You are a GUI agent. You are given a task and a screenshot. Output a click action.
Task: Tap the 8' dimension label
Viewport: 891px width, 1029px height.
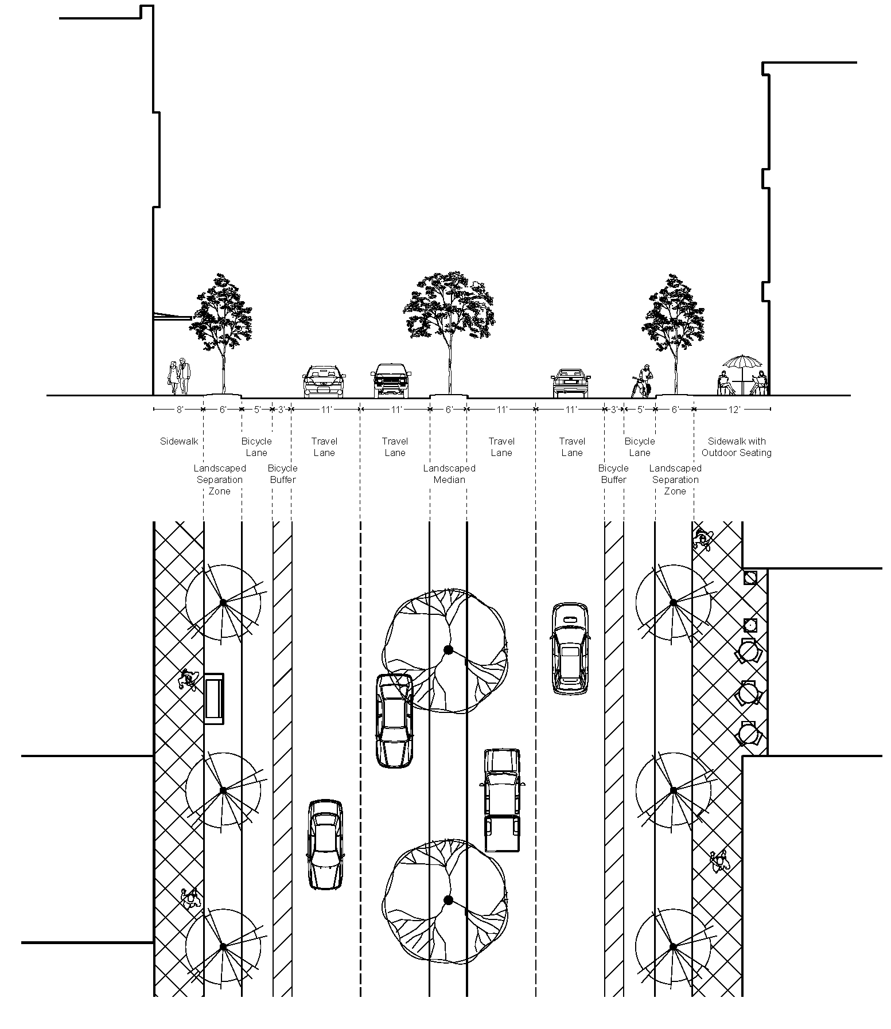tap(180, 410)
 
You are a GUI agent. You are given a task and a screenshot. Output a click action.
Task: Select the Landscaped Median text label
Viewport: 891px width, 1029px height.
tap(449, 474)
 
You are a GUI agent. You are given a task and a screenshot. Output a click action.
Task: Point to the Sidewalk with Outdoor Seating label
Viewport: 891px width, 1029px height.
tap(737, 447)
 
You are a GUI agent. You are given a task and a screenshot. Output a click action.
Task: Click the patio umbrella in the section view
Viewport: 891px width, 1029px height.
tap(742, 363)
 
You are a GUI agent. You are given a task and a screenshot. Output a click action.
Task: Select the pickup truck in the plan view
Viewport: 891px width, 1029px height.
tap(502, 800)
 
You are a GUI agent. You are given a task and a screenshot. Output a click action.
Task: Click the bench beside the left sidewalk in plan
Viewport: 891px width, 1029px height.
tap(214, 699)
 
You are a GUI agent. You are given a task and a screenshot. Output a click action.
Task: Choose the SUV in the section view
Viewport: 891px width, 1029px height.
tap(391, 380)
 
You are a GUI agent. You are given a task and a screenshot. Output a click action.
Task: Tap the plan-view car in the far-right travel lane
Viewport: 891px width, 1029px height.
tap(570, 648)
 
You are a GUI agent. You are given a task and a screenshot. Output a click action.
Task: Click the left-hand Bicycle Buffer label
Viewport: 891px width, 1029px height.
tap(282, 474)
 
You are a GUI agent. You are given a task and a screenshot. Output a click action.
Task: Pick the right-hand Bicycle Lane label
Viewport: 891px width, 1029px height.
tap(640, 447)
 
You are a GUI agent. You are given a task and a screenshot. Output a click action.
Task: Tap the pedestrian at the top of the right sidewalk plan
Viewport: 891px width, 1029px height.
tap(702, 539)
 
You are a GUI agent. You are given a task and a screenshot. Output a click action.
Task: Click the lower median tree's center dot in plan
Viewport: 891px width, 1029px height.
tap(449, 900)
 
